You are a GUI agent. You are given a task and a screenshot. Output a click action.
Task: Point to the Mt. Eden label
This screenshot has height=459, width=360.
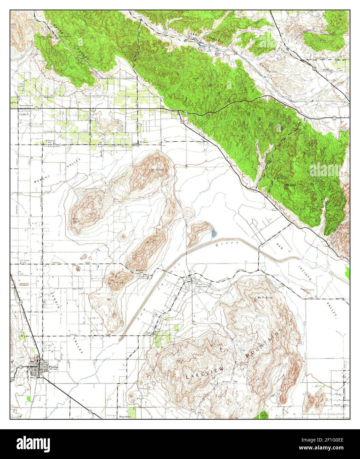click(x=291, y=185)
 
